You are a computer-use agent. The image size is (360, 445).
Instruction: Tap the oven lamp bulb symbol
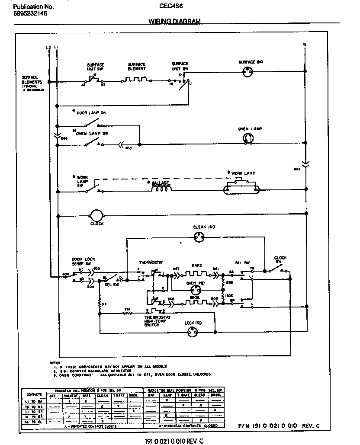pos(247,138)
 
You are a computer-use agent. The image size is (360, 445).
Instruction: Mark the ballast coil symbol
pos(162,189)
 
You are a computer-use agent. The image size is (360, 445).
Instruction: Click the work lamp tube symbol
pos(241,189)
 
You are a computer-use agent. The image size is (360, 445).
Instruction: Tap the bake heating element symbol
pos(196,273)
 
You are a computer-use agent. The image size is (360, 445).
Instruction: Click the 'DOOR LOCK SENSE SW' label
pos(81,262)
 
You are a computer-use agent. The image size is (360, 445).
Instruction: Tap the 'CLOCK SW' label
pos(281,260)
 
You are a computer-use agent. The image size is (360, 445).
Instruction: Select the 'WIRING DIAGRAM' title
pos(174,21)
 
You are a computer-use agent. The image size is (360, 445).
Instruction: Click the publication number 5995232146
pos(30,14)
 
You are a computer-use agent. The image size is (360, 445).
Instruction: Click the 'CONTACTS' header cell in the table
pos(34,394)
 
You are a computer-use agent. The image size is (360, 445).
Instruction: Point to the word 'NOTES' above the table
pos(55,362)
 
